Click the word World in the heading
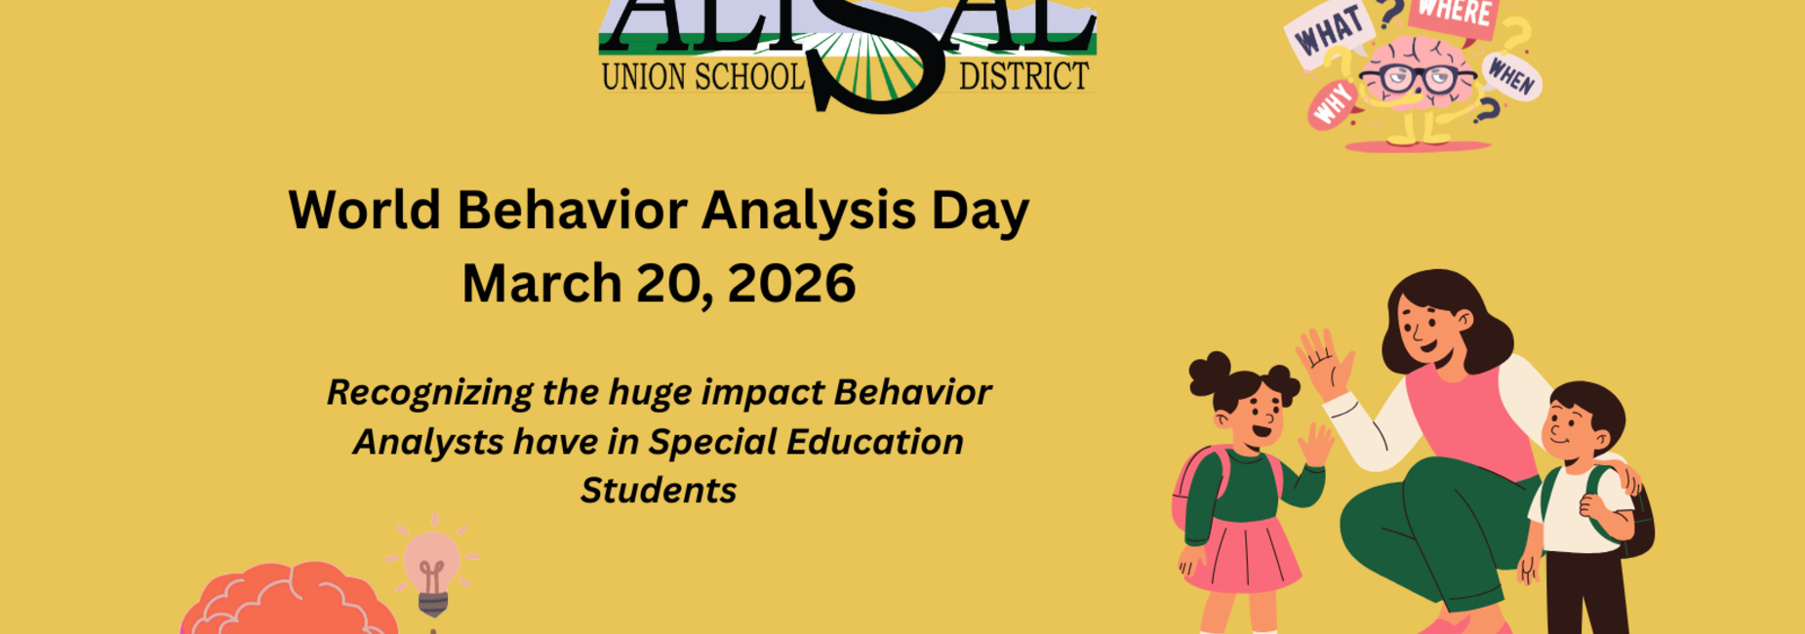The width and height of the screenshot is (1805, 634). (364, 210)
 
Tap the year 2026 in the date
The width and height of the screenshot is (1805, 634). (791, 284)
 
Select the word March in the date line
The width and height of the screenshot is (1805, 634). (541, 284)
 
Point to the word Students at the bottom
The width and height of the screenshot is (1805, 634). (659, 490)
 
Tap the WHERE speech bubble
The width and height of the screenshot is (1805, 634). (1453, 15)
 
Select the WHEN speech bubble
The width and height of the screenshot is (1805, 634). (1511, 74)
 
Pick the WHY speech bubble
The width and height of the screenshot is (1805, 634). (1333, 103)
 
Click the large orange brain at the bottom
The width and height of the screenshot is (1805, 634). (288, 600)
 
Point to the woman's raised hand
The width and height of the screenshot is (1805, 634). (1323, 361)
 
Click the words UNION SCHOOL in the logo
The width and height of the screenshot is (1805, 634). (702, 77)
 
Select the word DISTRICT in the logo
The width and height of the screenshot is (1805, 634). (1023, 77)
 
